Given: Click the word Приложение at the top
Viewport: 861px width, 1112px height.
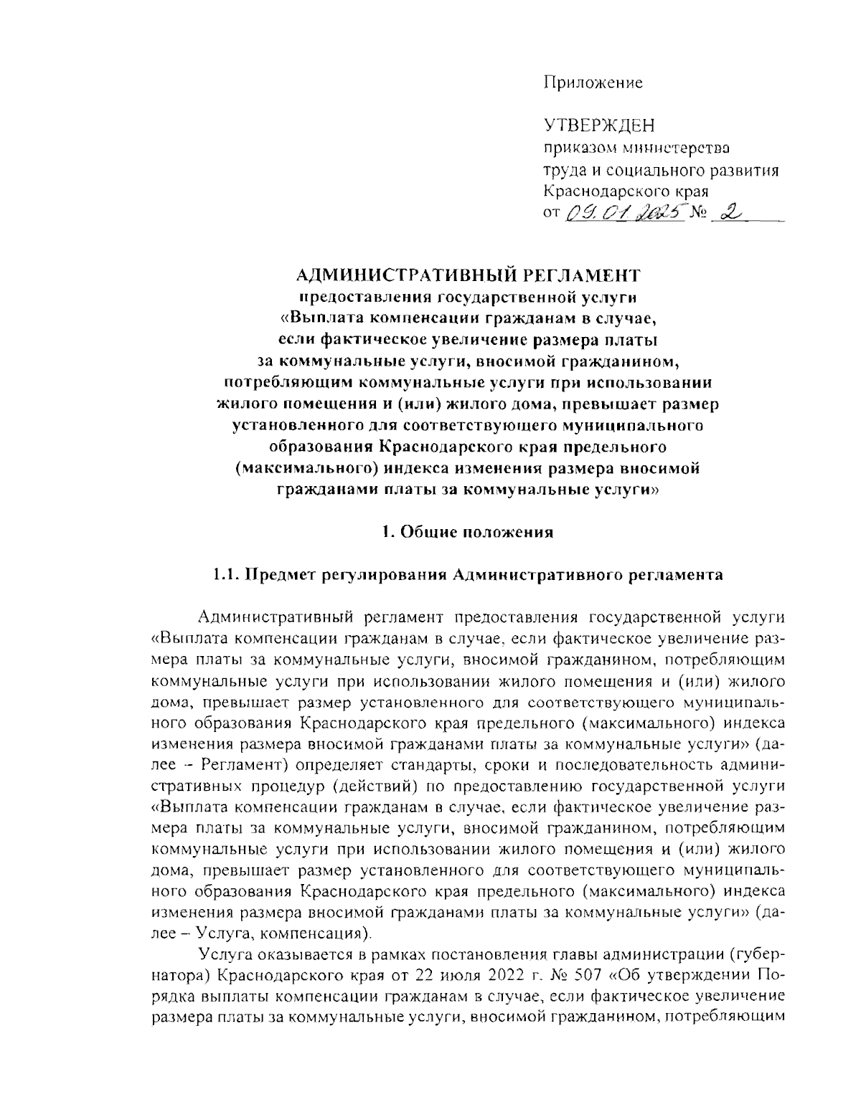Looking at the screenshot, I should click(593, 82).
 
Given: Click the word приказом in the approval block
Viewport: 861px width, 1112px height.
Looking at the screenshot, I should click(573, 149).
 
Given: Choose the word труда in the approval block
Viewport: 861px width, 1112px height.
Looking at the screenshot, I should click(563, 171).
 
